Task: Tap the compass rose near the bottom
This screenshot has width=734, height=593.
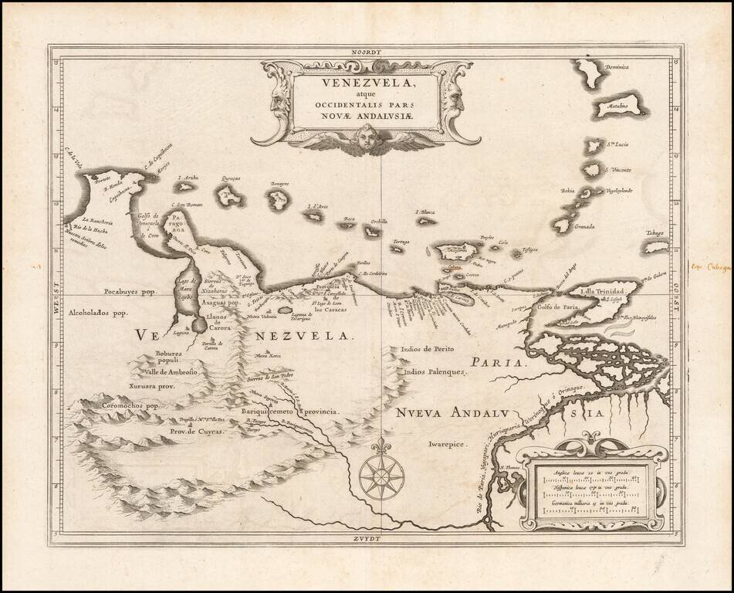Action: (381, 473)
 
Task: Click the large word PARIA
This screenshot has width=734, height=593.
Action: (499, 362)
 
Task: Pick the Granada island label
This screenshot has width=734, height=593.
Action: (587, 227)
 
